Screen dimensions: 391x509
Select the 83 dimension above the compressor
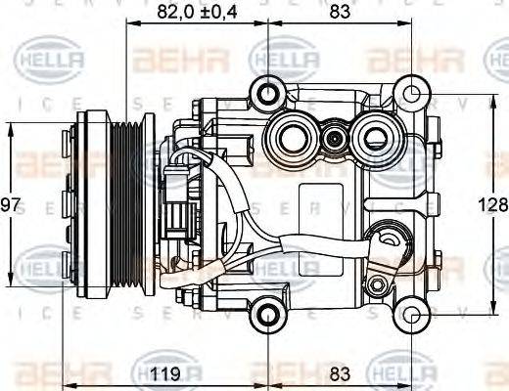tap(339, 13)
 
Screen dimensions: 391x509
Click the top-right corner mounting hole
tap(416, 95)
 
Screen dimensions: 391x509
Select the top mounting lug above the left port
tap(265, 94)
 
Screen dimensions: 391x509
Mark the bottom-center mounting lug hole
tap(265, 314)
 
